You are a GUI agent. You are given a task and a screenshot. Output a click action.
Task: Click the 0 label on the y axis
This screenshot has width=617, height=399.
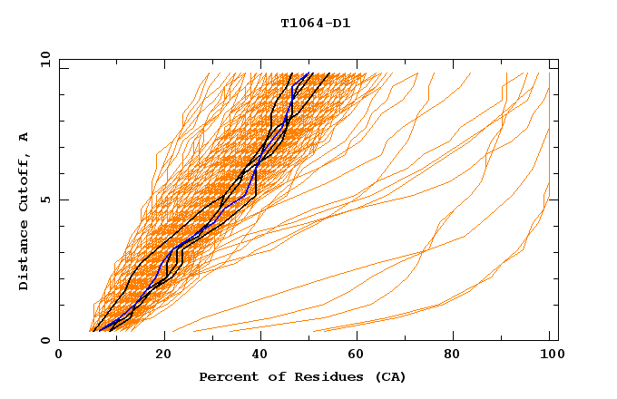click(44, 340)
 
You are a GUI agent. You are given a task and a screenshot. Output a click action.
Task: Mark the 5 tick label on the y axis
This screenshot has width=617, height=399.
click(44, 199)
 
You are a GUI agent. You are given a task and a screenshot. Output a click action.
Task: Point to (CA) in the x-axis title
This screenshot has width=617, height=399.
click(391, 376)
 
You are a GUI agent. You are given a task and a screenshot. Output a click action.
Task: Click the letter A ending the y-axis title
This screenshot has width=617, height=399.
click(24, 136)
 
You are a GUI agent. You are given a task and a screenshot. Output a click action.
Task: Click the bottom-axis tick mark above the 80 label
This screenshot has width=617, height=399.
click(458, 336)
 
